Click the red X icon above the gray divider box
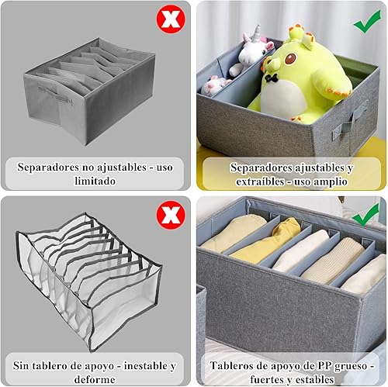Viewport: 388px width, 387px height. coord(171,19)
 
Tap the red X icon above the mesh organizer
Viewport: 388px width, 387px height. coord(171,215)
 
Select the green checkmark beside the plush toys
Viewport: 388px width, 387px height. coord(367,22)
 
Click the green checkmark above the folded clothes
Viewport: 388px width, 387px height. coord(366,214)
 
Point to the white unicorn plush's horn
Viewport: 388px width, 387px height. coord(257,33)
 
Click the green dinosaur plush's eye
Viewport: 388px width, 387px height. coord(291,59)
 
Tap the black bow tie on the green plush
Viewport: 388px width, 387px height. coord(272,78)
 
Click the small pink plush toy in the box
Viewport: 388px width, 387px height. coord(215,85)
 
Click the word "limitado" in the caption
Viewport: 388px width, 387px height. coord(95,181)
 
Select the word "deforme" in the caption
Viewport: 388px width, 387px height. coord(95,379)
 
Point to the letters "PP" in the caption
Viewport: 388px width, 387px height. coord(324,366)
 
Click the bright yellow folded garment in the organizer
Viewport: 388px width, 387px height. coord(266,240)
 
